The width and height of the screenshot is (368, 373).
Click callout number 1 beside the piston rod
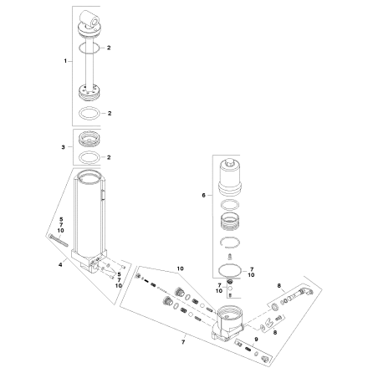(65, 61)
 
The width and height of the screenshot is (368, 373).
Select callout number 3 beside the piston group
(63, 147)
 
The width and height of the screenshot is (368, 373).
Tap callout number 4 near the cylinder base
(60, 264)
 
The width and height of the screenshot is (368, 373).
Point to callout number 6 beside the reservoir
(203, 196)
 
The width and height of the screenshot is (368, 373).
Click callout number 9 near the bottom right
(256, 340)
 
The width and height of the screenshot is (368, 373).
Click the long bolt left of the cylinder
(59, 240)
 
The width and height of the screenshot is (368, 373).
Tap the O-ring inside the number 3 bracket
(89, 157)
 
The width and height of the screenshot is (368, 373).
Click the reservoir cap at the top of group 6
(230, 176)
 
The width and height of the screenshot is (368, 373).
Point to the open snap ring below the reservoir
(230, 242)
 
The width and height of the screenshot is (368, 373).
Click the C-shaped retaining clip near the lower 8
(270, 322)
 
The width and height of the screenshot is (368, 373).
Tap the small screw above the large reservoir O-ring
(230, 256)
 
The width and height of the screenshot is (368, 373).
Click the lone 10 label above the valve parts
(181, 268)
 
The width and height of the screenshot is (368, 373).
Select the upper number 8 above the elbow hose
(279, 285)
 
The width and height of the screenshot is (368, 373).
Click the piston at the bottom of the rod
(89, 93)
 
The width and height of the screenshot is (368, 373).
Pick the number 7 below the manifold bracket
(183, 342)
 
